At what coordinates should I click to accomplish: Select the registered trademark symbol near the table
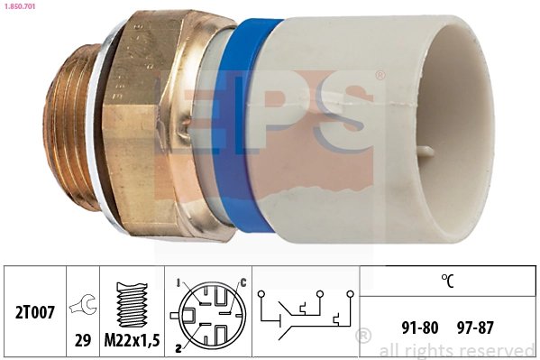[363, 337]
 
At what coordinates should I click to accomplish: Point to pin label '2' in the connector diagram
[177, 346]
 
